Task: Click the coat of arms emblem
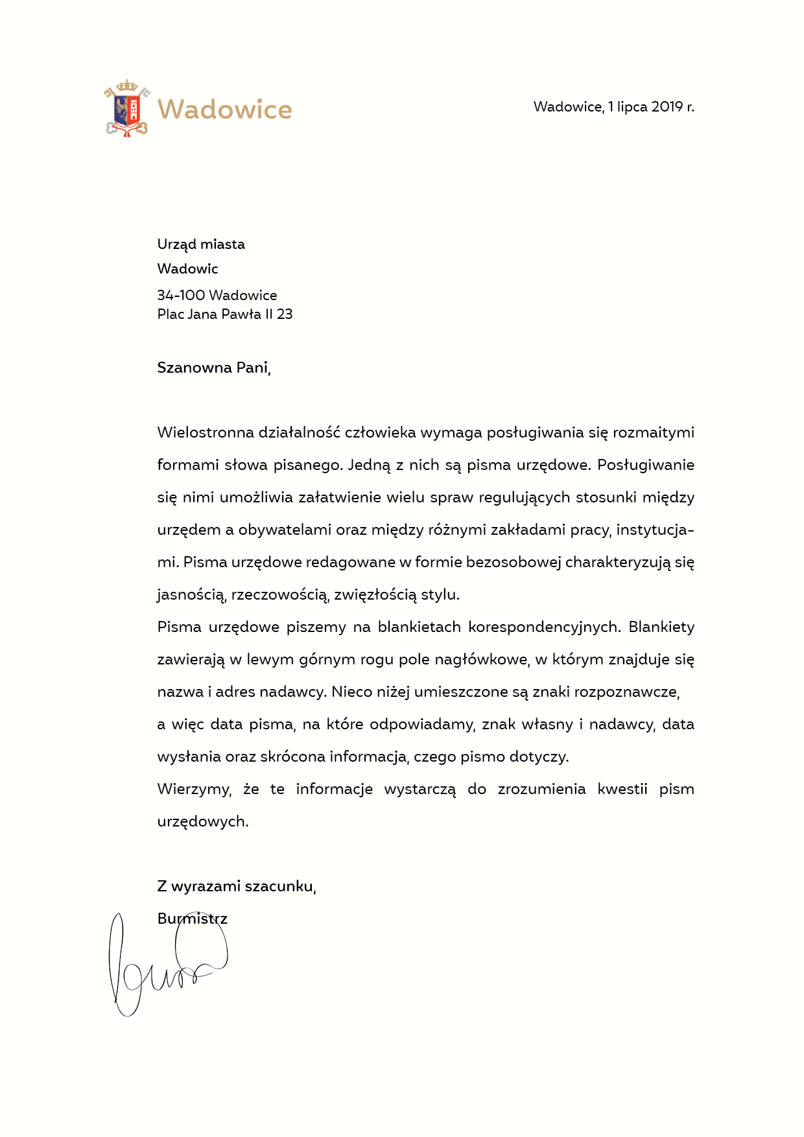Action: [127, 108]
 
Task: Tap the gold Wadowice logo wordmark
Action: [225, 110]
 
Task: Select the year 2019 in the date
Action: [667, 107]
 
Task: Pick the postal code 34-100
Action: [181, 296]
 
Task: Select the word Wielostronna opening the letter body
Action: [205, 432]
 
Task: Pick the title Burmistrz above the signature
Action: [192, 919]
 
